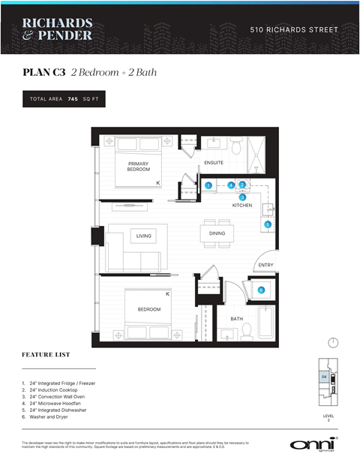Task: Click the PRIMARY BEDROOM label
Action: (138, 167)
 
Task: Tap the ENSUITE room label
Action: (214, 163)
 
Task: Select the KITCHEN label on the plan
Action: (241, 205)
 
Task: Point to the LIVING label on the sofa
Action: (143, 236)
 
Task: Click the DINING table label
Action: (217, 233)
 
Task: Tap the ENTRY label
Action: (265, 265)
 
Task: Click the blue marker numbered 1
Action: (208, 185)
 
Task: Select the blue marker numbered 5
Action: (267, 224)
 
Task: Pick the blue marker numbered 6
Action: (261, 290)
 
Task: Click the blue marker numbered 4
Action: (232, 185)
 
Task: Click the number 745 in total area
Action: (73, 99)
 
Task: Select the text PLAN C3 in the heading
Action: (44, 73)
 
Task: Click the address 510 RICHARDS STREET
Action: (294, 30)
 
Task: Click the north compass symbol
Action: (333, 342)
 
